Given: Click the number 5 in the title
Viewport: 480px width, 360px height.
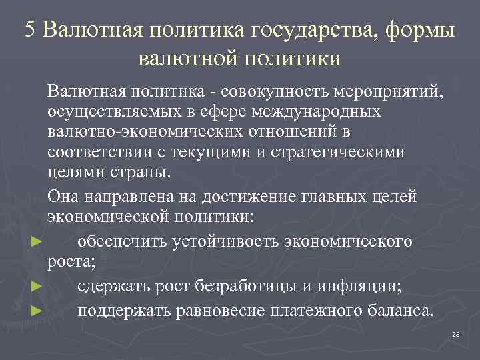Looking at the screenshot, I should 31,30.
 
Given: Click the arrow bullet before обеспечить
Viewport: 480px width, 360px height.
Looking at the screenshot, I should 37,242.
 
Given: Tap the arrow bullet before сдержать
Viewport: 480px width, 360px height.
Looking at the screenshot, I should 37,287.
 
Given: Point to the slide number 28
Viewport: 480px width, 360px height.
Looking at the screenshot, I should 456,334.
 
